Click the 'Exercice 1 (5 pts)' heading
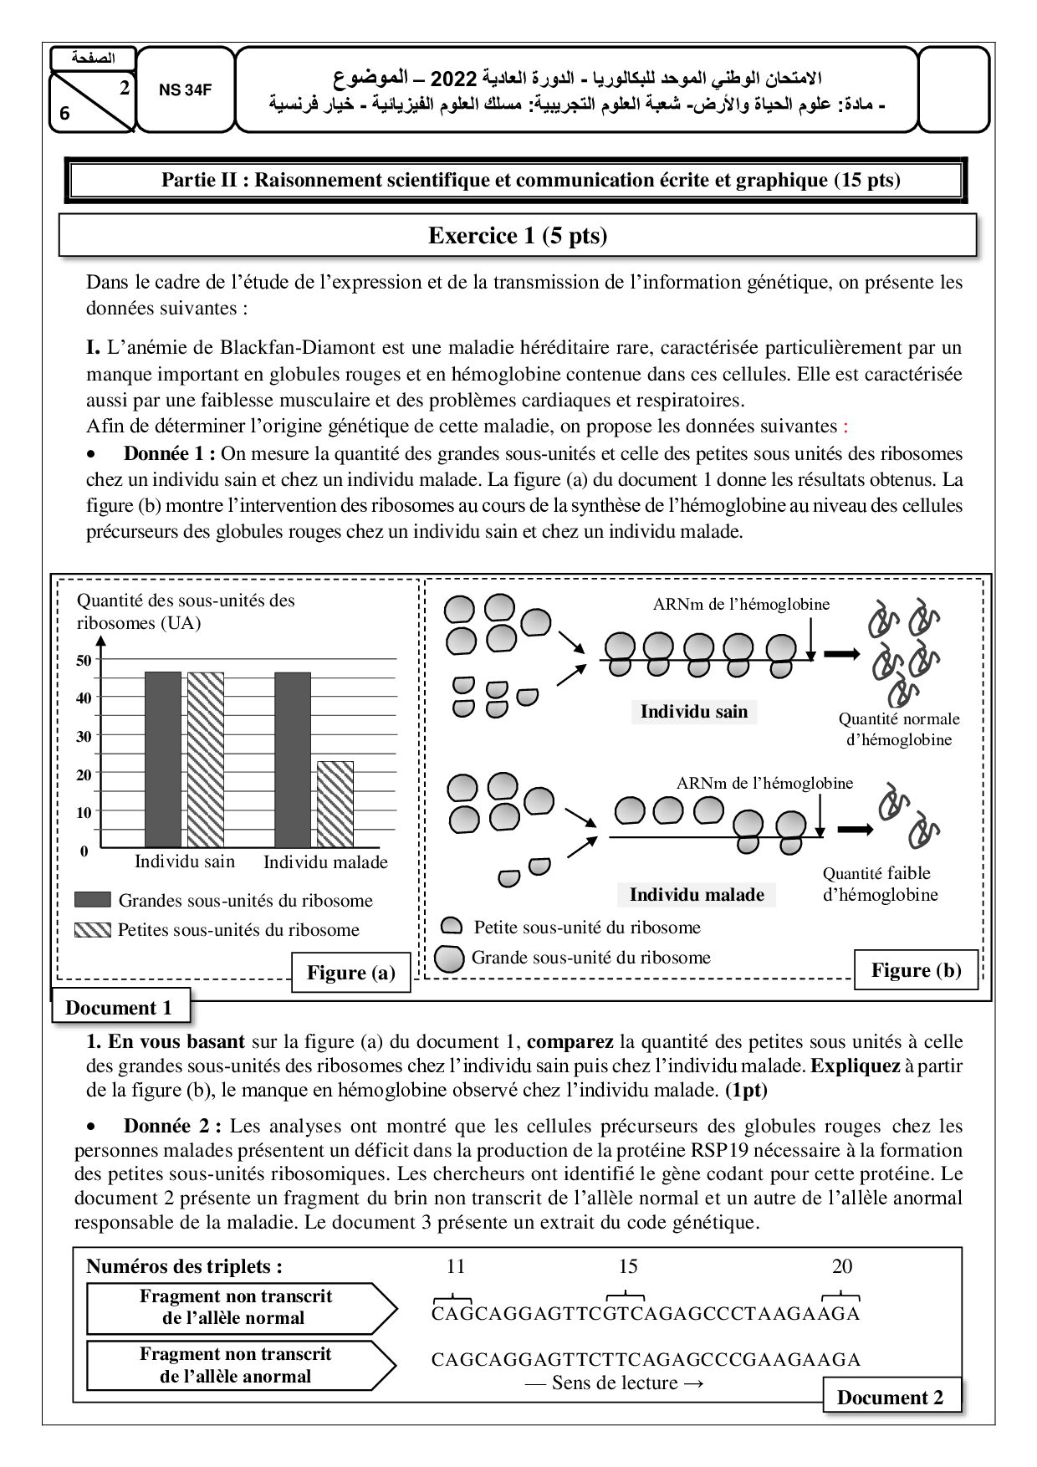pos(518,236)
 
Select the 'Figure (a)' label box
pos(351,973)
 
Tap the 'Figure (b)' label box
pos(916,970)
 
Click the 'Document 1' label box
pos(119,1008)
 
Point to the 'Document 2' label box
pos(890,1398)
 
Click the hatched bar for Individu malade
pos(335,804)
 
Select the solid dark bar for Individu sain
pos(163,759)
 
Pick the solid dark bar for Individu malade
pos(293,759)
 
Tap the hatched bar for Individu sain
pos(206,759)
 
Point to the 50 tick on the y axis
pos(84,660)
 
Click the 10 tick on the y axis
pos(84,812)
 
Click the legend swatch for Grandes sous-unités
pos(92,900)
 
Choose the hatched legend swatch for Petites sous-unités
pos(92,929)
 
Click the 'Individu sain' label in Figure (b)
pos(693,712)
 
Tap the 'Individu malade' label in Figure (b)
pos(697,895)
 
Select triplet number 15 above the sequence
pos(628,1266)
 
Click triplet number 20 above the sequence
pos(842,1266)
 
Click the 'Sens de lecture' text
pos(615,1383)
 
